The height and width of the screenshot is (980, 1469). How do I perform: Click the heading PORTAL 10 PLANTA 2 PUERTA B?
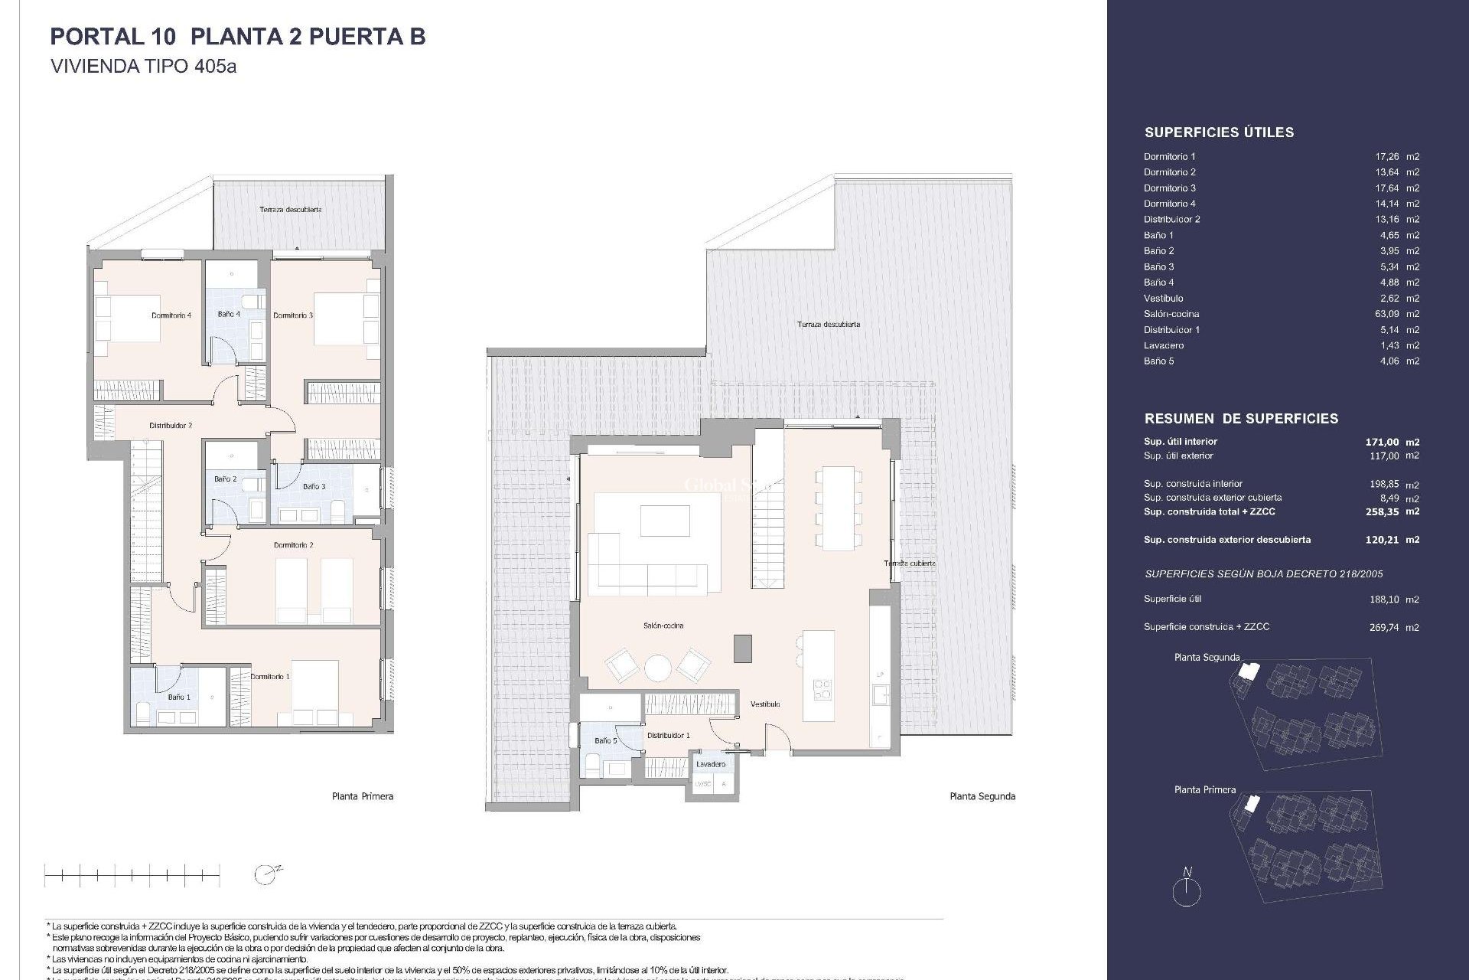coord(237,37)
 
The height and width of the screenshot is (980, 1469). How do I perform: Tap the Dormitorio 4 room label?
coord(171,315)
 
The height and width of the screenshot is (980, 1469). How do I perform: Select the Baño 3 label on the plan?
coord(314,487)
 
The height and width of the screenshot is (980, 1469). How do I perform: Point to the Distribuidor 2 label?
coord(171,426)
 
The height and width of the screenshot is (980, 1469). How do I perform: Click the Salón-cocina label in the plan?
coord(663,626)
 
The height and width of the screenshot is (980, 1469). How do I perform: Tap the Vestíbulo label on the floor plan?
coord(765,704)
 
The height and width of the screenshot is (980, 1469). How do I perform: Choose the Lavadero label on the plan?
coord(711,764)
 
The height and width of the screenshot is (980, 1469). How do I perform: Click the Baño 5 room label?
coord(605,741)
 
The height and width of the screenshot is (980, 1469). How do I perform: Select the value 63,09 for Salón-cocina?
coord(1387,314)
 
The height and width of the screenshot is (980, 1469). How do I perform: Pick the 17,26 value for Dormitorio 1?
coord(1387,156)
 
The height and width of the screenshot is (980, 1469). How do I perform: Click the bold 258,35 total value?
coord(1382,511)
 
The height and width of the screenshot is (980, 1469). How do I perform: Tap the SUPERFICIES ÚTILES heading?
coord(1219,132)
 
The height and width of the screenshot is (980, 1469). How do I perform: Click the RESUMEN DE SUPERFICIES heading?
coord(1241,419)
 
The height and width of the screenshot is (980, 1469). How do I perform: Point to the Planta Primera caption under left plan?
coord(363,796)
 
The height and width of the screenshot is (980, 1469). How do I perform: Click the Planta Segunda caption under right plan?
coord(982,796)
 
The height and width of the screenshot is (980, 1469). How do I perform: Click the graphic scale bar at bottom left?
coord(132,874)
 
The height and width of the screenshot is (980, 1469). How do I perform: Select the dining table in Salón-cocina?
coord(838,508)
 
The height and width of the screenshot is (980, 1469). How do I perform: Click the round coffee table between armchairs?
coord(657,668)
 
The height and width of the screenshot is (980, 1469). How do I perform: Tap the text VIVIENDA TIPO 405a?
coord(143,67)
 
